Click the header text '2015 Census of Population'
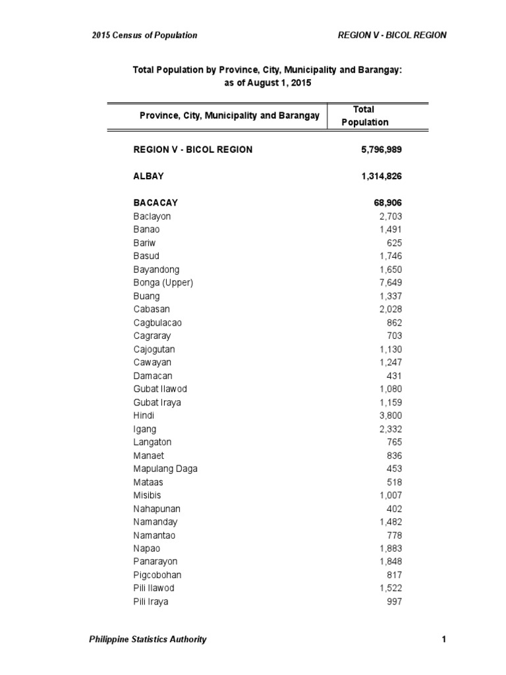click(144, 35)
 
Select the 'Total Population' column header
click(364, 115)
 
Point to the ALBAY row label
click(148, 176)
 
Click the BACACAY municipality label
click(155, 203)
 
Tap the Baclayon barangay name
click(152, 216)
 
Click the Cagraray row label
click(152, 336)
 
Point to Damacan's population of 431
click(394, 376)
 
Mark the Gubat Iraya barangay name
click(157, 402)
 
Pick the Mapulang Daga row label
click(165, 469)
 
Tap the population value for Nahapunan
click(394, 509)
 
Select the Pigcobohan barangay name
click(157, 575)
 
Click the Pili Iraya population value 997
click(394, 602)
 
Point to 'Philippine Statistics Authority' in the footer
click(148, 639)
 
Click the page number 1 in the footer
click(444, 639)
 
